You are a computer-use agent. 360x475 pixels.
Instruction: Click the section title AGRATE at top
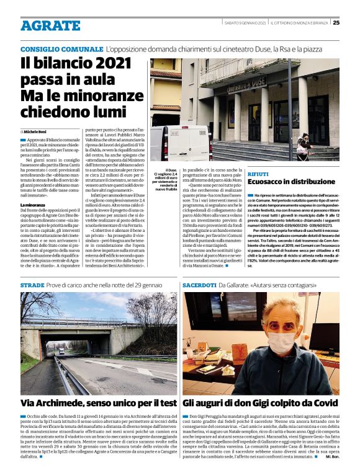coord(50,25)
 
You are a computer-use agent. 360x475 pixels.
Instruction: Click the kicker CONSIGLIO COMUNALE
coord(61,49)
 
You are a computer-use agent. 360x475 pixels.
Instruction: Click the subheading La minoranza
coord(35,205)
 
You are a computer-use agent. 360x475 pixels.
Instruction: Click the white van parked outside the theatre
coord(179,142)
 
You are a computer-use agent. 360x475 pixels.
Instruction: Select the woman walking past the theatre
coord(304,146)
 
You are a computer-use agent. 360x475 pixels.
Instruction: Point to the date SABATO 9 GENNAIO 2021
coord(245,23)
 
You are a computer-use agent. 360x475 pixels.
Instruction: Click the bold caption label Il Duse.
coord(171,169)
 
